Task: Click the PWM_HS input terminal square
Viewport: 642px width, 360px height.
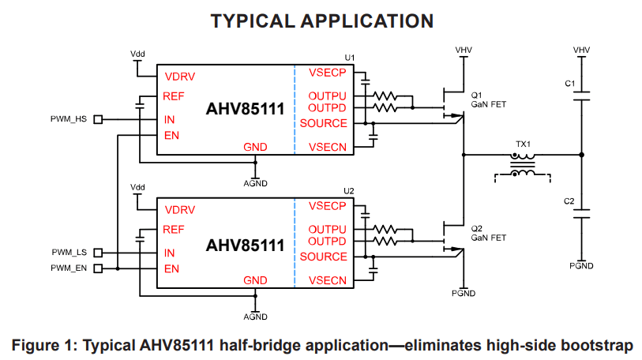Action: point(98,119)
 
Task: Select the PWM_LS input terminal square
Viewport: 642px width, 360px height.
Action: point(98,253)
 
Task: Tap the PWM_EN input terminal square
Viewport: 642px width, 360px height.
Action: point(98,268)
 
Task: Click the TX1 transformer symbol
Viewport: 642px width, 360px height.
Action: point(522,164)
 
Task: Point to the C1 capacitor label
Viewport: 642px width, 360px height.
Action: point(569,83)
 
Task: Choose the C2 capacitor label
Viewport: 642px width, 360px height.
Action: point(569,201)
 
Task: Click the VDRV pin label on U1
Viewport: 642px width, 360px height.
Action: point(180,77)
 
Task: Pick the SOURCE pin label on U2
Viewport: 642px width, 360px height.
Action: point(323,257)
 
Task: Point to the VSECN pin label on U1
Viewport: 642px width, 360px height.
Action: point(328,146)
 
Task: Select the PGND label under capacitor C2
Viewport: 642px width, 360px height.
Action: point(581,266)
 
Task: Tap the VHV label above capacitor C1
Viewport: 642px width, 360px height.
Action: point(581,51)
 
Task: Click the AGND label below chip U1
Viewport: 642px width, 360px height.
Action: point(255,183)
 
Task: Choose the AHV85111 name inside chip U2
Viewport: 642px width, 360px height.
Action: point(245,246)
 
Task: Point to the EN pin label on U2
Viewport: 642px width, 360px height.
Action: point(171,268)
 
